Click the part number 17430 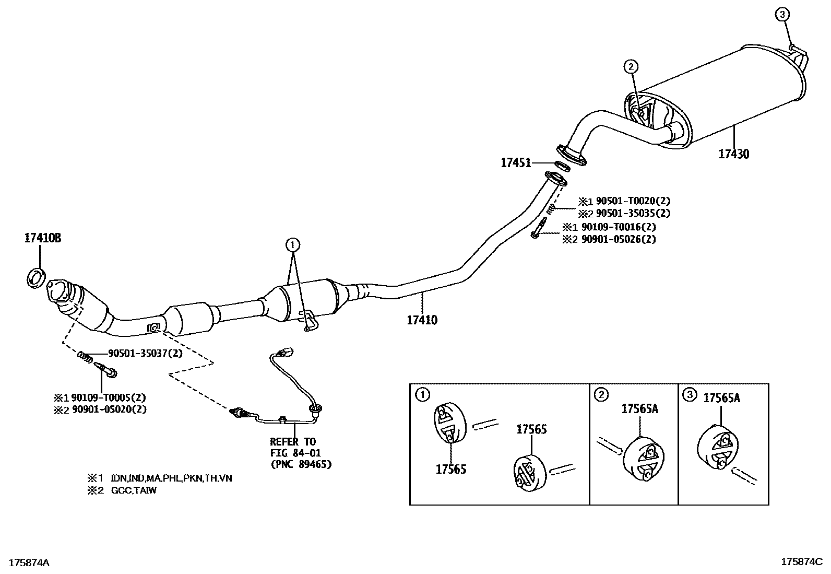[x=734, y=154]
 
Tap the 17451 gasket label [x=516, y=162]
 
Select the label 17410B [x=43, y=238]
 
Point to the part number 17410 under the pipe [x=422, y=320]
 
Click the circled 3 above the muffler [x=782, y=15]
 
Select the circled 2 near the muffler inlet [x=631, y=67]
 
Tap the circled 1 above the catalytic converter [x=293, y=244]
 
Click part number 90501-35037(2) [x=146, y=353]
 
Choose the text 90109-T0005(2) [x=109, y=397]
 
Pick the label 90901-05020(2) [x=109, y=409]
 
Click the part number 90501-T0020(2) [x=633, y=201]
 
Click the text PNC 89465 [x=301, y=464]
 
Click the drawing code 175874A [x=29, y=563]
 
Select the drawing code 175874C [x=802, y=562]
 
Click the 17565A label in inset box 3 [x=721, y=398]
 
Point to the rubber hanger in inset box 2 [x=643, y=459]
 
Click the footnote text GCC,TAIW [x=134, y=490]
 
